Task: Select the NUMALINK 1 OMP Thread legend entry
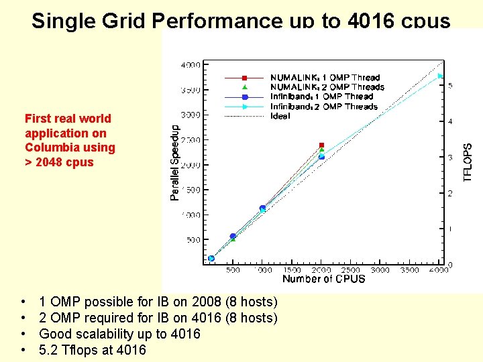pyautogui.click(x=325, y=78)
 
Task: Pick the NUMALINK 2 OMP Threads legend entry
pyautogui.click(x=327, y=87)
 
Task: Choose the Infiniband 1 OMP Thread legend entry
pyautogui.click(x=321, y=97)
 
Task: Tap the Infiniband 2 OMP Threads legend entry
pyautogui.click(x=323, y=107)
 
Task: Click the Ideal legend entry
pyautogui.click(x=280, y=116)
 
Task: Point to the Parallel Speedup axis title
pyautogui.click(x=175, y=162)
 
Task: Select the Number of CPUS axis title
pyautogui.click(x=323, y=279)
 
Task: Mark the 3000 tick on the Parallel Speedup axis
pyautogui.click(x=191, y=115)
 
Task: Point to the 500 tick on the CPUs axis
pyautogui.click(x=233, y=270)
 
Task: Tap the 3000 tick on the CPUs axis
pyautogui.click(x=380, y=270)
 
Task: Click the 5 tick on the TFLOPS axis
pyautogui.click(x=450, y=86)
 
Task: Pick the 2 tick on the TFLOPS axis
pyautogui.click(x=450, y=194)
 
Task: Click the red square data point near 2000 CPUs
pyautogui.click(x=321, y=145)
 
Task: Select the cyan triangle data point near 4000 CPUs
pyautogui.click(x=441, y=76)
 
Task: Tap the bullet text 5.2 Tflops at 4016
pyautogui.click(x=93, y=350)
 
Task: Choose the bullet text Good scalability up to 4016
pyautogui.click(x=120, y=334)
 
